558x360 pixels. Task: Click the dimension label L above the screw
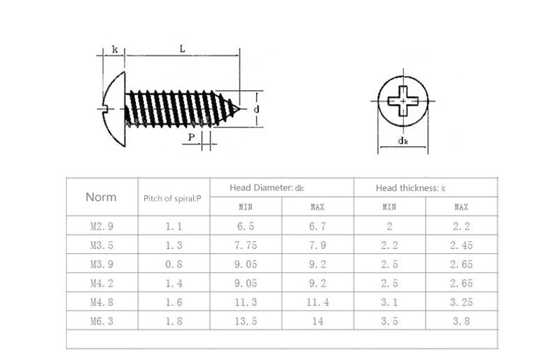pos(181,48)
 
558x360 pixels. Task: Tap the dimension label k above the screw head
pos(114,50)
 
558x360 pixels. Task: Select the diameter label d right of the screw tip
pos(257,110)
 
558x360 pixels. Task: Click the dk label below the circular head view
pos(402,141)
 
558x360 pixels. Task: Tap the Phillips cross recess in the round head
pos(402,101)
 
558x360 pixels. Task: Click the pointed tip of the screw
pos(242,109)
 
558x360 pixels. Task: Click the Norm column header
pos(101,197)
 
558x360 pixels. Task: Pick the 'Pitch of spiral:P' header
pos(172,198)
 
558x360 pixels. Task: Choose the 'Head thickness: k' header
pos(410,188)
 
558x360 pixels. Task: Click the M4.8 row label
pos(102,302)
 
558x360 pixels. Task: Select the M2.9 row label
pos(102,226)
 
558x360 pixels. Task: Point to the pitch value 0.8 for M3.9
pos(174,264)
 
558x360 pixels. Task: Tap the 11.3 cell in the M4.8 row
pos(246,302)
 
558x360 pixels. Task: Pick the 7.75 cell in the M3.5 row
pos(246,245)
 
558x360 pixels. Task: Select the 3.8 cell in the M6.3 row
pos(461,322)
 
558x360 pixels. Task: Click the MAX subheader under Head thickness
pos(461,207)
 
